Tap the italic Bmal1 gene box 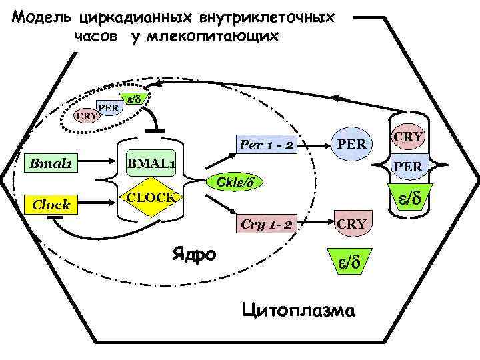(51, 163)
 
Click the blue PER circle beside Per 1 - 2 (351, 143)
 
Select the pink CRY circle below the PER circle (351, 223)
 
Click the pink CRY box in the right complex (409, 137)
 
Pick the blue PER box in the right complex (409, 166)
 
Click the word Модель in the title (42, 15)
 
